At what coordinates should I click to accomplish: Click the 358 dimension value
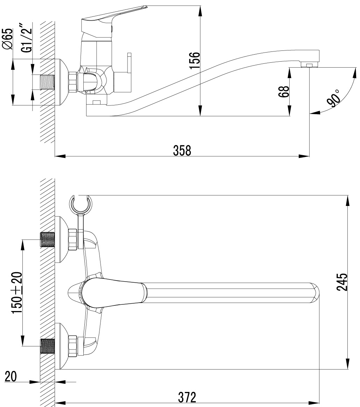pos(182,150)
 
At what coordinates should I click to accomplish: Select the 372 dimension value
pos(187,397)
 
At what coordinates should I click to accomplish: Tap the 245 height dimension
pos(342,282)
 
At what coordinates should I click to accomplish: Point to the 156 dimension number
pos(195,60)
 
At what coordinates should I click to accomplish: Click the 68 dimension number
pos(285,91)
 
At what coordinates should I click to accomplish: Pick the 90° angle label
pos(334,98)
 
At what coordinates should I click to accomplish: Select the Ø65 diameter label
pos(7,39)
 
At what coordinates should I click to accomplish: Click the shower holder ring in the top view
pos(81,204)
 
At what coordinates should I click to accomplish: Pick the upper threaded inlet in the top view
pos(48,240)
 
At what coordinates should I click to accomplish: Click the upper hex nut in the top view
pos(73,239)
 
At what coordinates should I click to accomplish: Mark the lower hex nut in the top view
pos(73,346)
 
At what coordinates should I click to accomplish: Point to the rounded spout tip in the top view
pos(315,292)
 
